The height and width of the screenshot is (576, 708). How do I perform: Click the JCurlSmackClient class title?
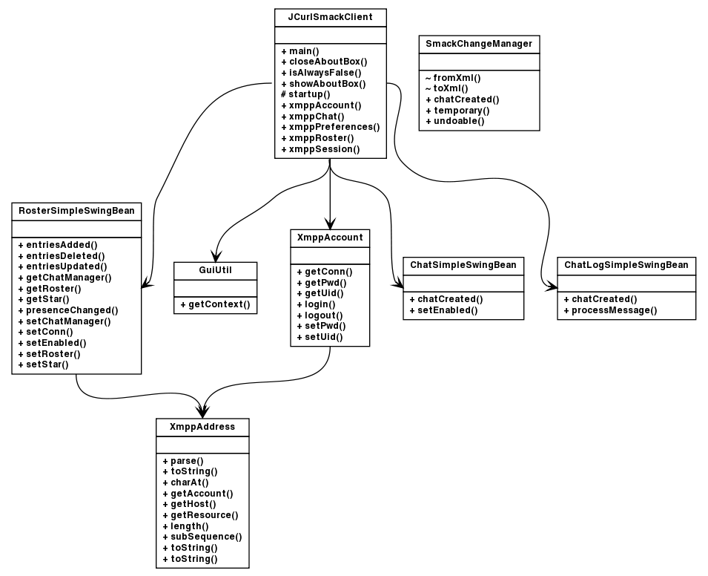pos(330,16)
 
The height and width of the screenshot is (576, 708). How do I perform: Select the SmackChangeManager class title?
pos(478,44)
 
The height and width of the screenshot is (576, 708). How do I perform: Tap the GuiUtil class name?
pos(215,271)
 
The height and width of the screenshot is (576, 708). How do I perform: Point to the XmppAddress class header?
pos(202,427)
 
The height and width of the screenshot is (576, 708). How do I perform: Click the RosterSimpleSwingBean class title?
pos(76,211)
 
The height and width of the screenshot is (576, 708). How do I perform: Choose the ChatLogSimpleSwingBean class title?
pos(626,265)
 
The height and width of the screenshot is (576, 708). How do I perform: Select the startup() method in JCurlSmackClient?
pos(305,94)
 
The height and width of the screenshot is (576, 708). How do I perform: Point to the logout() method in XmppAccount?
pos(316,315)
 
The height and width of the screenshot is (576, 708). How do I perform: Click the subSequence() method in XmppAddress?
pos(202,537)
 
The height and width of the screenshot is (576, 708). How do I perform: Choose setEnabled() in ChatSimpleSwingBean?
pos(443,310)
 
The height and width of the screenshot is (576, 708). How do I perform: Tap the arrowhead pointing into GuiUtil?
pos(215,255)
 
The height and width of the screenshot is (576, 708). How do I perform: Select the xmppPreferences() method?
pos(331,127)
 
